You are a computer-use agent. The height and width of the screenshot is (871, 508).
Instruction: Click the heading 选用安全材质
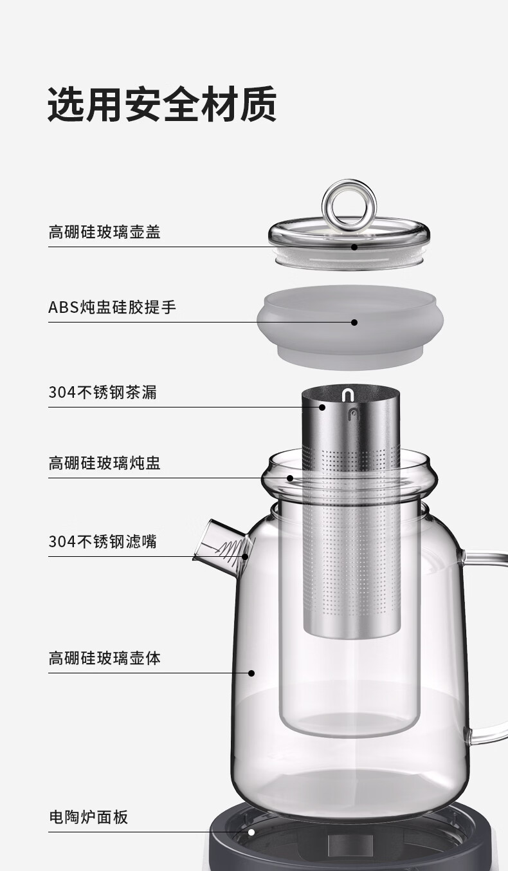tap(162, 104)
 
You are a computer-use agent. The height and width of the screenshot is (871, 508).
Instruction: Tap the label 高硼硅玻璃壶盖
tap(104, 232)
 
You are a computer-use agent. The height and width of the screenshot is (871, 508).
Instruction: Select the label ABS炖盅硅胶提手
tap(112, 307)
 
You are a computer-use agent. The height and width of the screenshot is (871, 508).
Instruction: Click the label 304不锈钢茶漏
tap(102, 392)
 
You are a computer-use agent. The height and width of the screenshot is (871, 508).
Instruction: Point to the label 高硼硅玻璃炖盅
tap(104, 463)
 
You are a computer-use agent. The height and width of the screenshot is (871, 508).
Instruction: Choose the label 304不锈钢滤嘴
tap(102, 541)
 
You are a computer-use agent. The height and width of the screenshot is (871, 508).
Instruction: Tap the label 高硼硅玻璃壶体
tap(104, 658)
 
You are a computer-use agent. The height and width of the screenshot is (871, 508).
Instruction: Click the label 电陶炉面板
tap(88, 817)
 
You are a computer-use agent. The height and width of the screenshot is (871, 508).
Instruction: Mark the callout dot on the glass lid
tap(354, 247)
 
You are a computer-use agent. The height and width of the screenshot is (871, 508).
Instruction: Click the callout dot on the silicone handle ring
tap(354, 322)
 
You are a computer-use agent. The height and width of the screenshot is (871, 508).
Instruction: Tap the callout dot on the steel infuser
tap(323, 407)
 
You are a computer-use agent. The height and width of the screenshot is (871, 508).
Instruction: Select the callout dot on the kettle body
tap(251, 673)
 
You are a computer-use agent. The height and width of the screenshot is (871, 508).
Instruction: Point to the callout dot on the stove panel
tap(251, 832)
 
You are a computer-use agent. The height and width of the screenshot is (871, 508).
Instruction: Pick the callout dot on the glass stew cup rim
tap(290, 478)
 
